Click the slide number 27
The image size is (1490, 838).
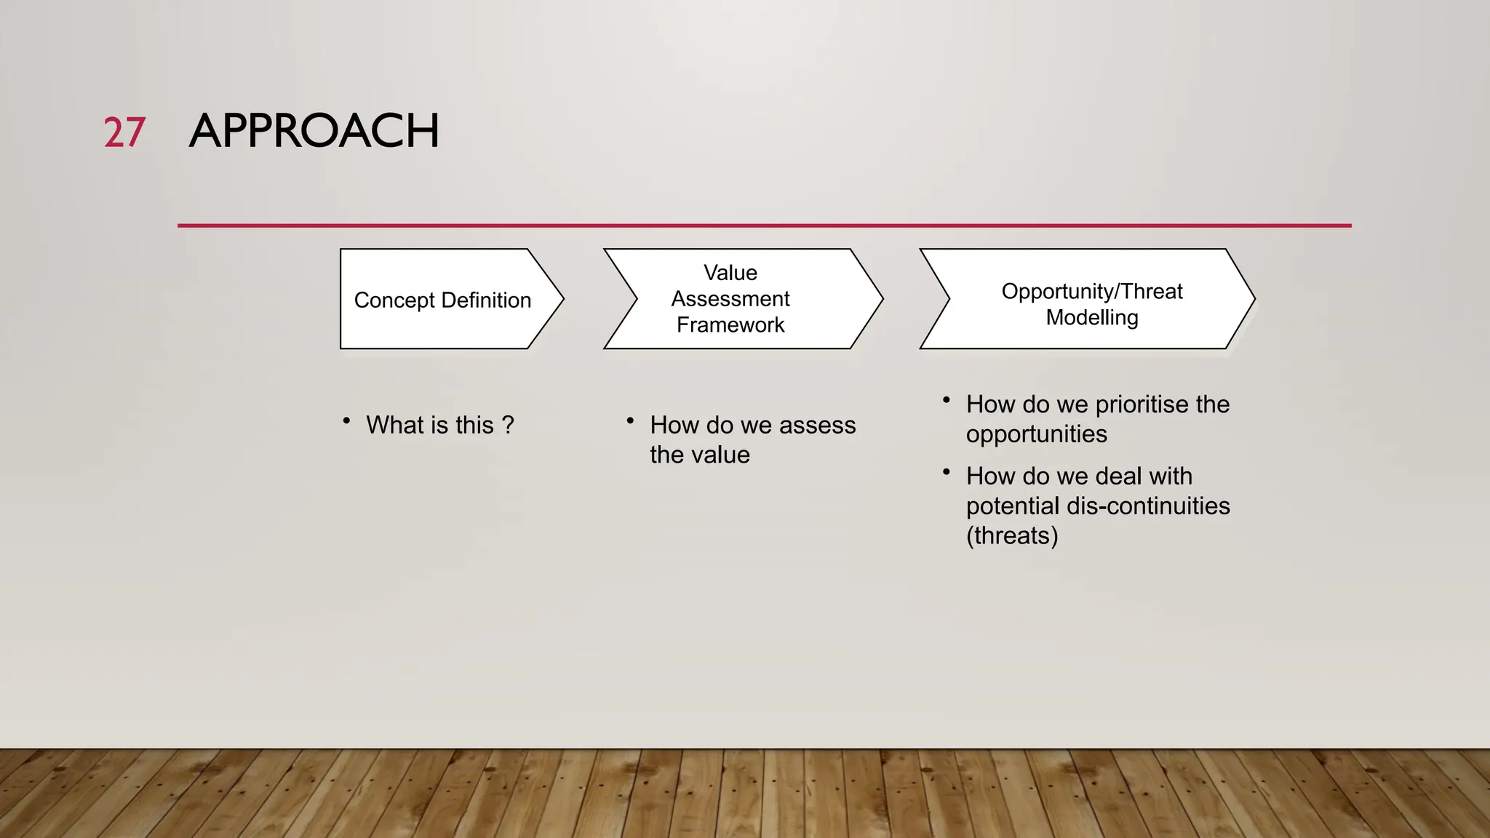pos(124,133)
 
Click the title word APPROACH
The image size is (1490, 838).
pos(314,132)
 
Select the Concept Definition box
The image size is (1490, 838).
pos(442,300)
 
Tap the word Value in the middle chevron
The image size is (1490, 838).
pos(730,273)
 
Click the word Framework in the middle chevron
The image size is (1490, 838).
pos(730,324)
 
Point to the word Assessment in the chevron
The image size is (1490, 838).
pos(730,299)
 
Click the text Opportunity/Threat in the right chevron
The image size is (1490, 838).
pos(1091,291)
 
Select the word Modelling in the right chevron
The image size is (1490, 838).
pos(1091,317)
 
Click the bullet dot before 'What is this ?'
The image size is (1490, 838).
pos(347,420)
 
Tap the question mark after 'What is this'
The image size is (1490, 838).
pos(508,425)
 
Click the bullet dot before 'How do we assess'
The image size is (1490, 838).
pos(630,420)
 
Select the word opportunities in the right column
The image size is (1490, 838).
pos(1036,434)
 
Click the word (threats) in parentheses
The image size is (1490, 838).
pos(1011,535)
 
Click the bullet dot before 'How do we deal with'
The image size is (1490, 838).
pos(946,472)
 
